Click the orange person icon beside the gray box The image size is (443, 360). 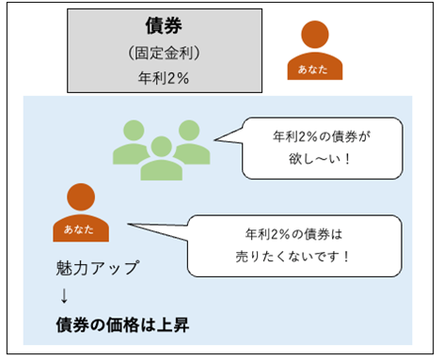click(x=314, y=52)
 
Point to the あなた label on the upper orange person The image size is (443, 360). click(x=314, y=70)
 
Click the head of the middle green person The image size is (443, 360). click(x=160, y=129)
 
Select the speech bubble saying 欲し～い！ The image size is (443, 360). click(x=315, y=148)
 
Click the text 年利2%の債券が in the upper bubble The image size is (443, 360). click(x=318, y=135)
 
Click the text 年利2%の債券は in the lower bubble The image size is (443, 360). click(x=300, y=232)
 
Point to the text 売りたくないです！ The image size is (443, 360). click(x=300, y=257)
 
